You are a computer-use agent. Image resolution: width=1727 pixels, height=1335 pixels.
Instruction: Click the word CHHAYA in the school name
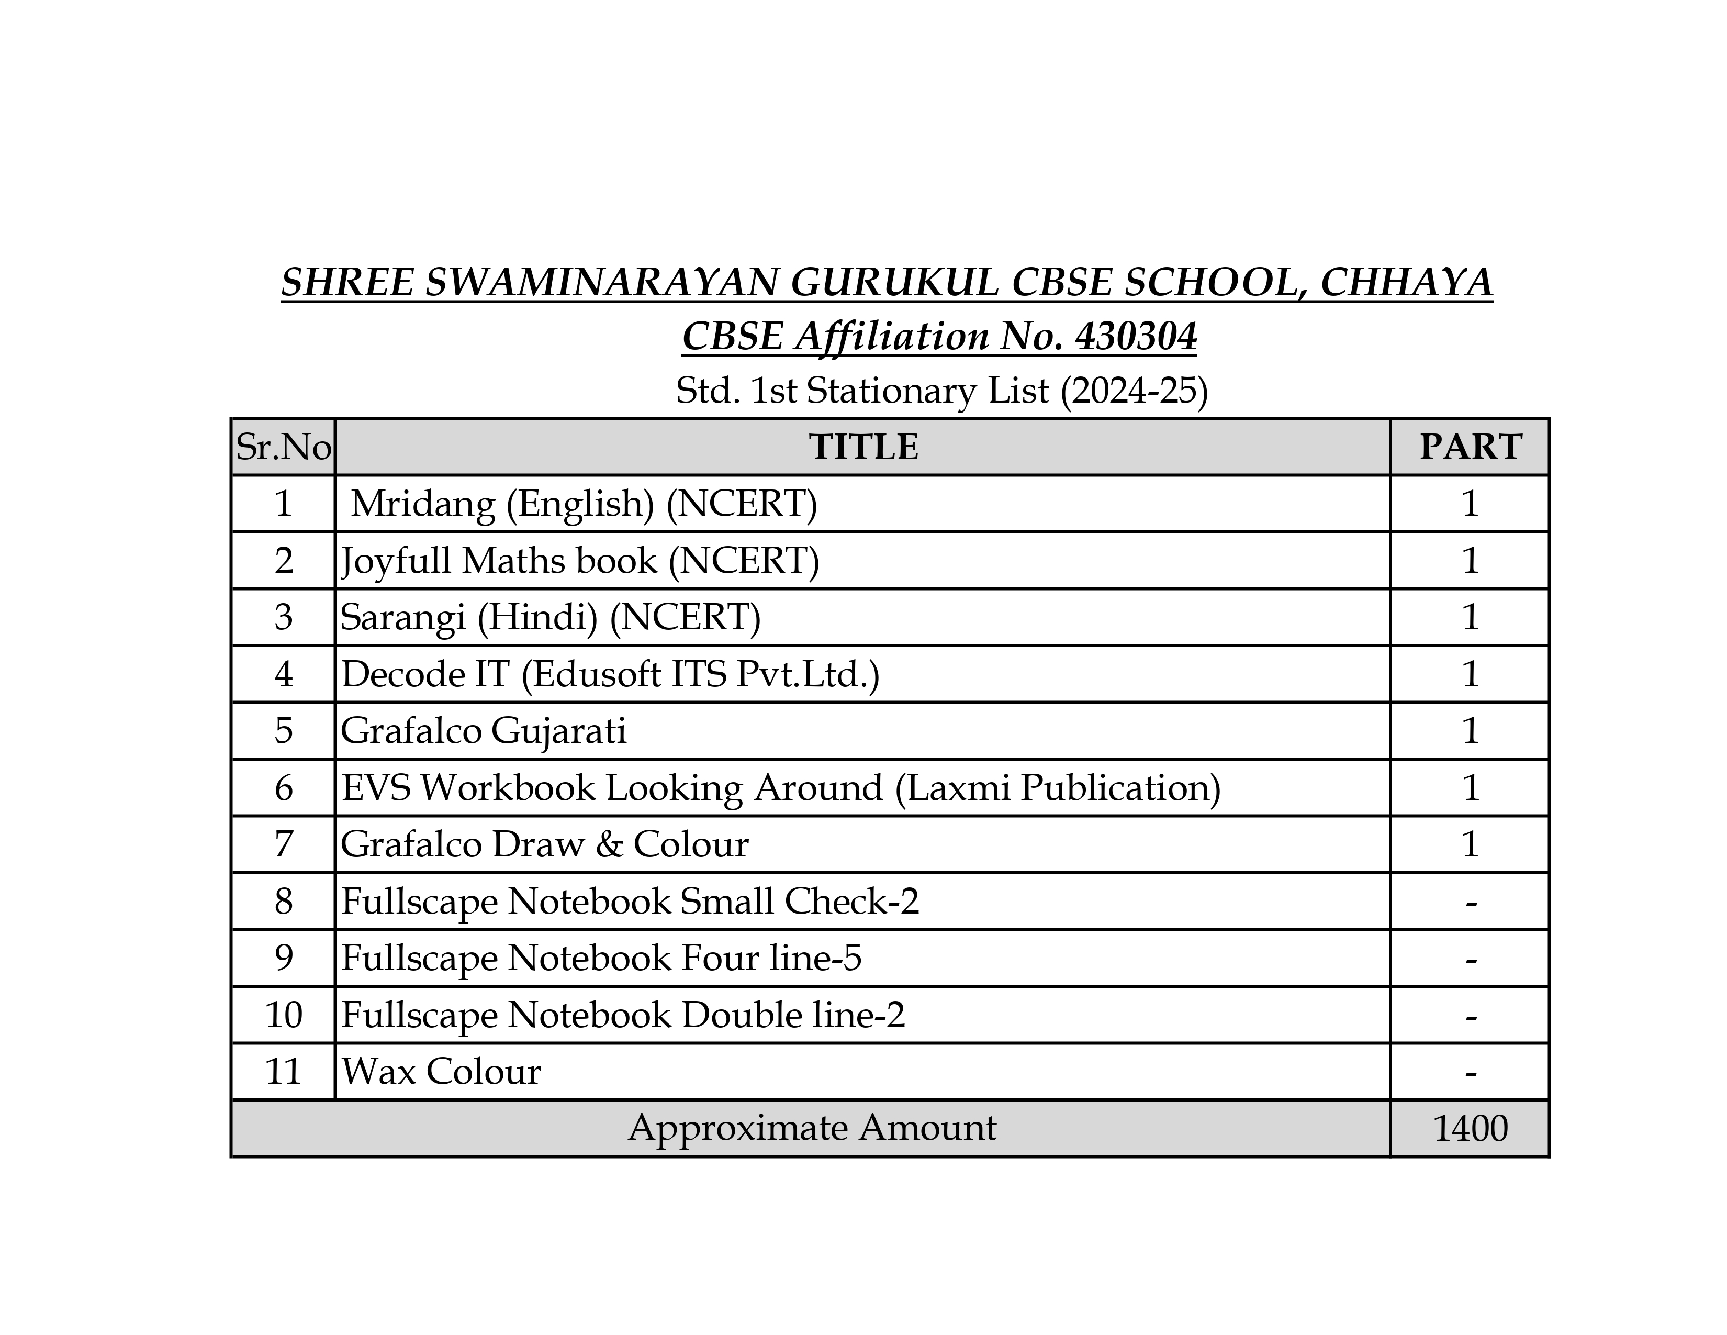click(1406, 283)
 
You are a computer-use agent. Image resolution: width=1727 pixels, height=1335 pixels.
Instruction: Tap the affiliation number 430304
click(1136, 337)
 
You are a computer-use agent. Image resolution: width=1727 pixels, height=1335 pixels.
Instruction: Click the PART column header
click(1470, 447)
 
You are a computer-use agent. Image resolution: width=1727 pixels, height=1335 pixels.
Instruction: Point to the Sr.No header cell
click(283, 448)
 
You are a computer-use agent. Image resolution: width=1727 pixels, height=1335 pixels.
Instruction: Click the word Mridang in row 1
click(422, 504)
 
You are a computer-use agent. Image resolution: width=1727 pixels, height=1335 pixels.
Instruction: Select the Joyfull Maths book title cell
click(580, 561)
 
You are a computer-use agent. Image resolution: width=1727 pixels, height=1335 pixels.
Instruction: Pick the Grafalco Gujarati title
click(483, 731)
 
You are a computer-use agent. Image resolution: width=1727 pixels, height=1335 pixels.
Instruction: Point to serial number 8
click(283, 902)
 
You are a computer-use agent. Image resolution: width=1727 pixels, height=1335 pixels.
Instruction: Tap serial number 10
click(283, 1015)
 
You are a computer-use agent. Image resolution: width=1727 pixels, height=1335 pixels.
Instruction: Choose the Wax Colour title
click(441, 1072)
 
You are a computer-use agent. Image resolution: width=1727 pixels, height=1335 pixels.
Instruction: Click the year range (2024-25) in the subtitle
click(1134, 391)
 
